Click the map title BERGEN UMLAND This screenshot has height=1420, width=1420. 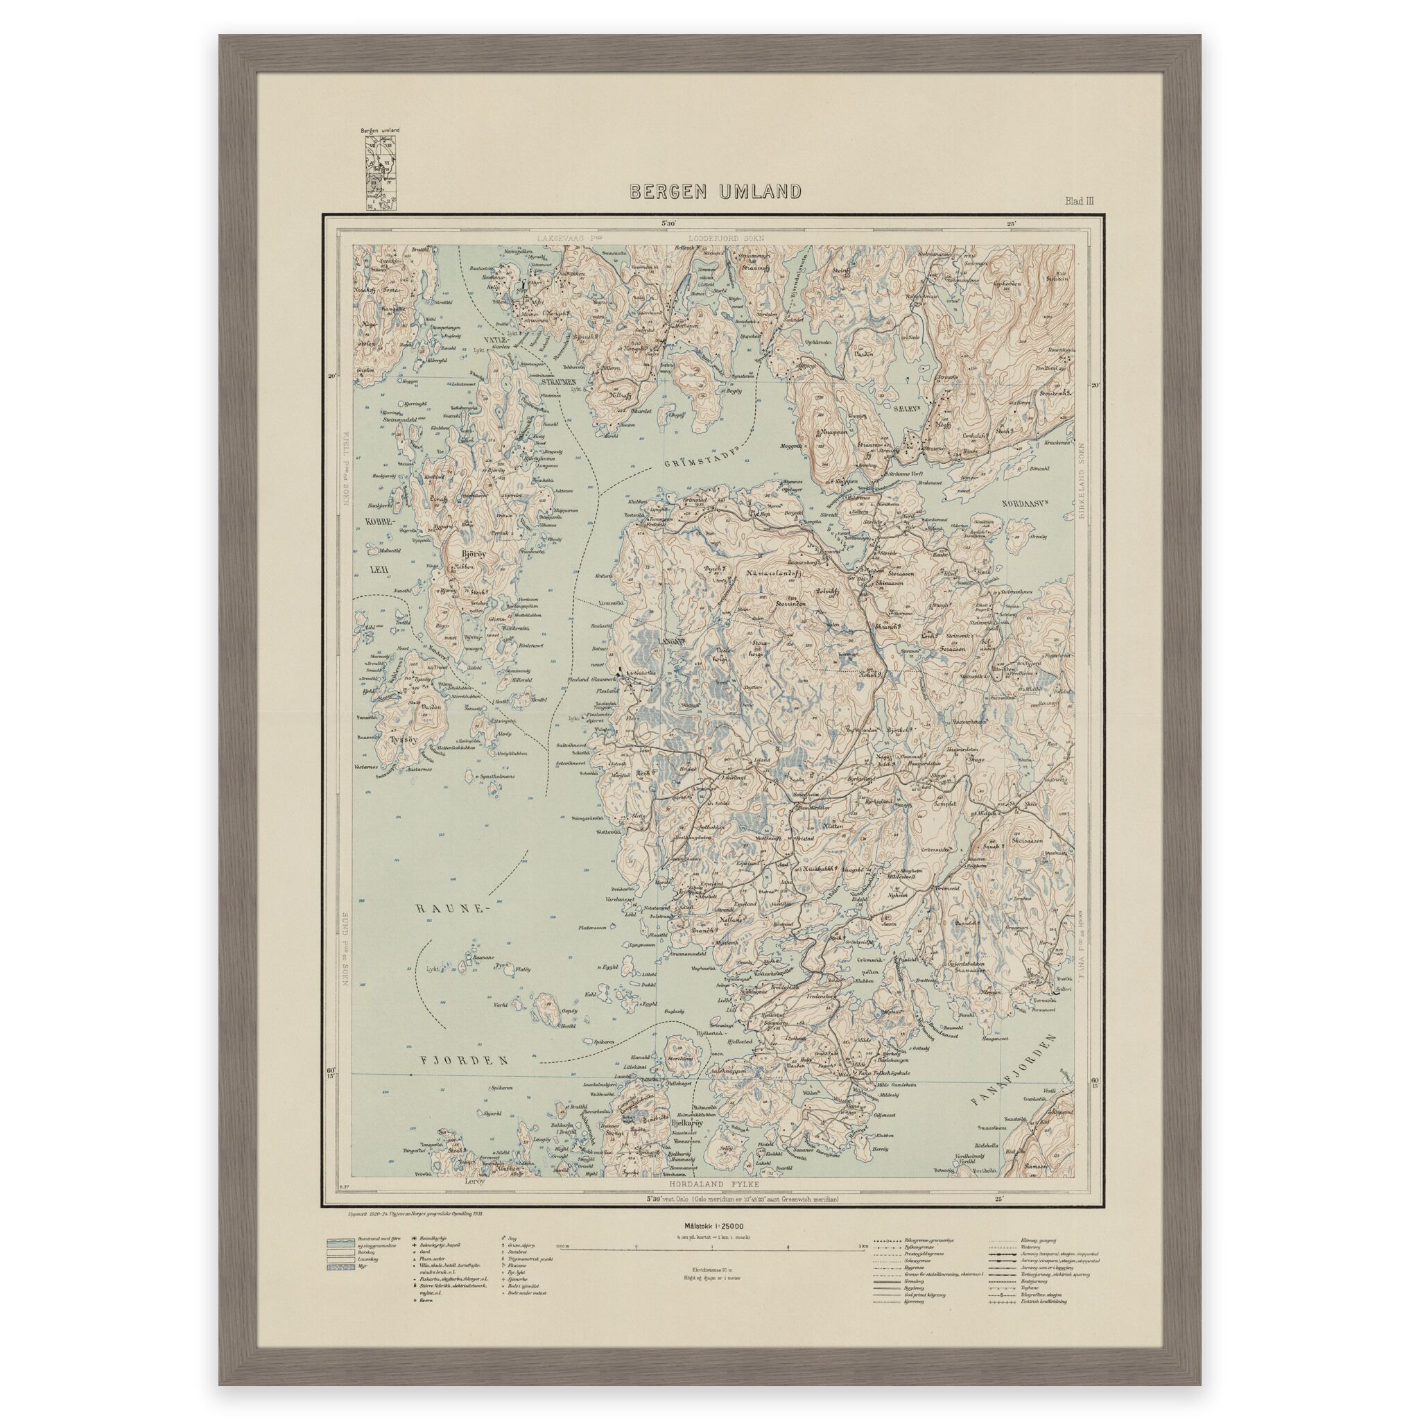[715, 192]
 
